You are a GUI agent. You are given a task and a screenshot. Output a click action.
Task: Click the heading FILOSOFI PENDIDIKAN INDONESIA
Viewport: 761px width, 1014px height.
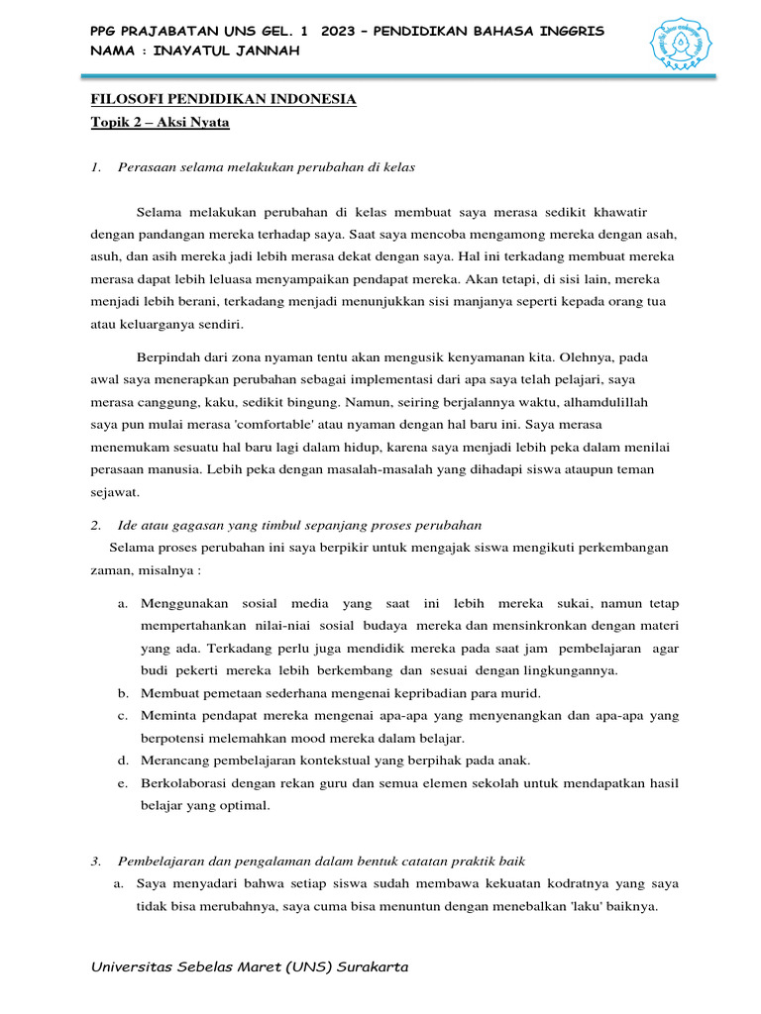pyautogui.click(x=223, y=100)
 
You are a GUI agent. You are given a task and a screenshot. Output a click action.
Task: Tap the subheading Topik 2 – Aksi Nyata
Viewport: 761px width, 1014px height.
pyautogui.click(x=160, y=122)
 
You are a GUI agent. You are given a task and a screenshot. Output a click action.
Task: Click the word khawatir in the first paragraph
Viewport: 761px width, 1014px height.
pyautogui.click(x=617, y=213)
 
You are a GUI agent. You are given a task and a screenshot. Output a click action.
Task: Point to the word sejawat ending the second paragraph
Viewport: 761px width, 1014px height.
pyautogui.click(x=115, y=491)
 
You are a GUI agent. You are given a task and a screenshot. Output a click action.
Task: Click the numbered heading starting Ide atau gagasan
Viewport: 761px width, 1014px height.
pyautogui.click(x=298, y=525)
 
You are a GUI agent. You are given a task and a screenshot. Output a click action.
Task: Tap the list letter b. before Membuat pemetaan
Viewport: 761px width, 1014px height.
pyautogui.click(x=123, y=692)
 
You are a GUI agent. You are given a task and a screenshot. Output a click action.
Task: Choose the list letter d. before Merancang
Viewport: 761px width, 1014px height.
pyautogui.click(x=123, y=760)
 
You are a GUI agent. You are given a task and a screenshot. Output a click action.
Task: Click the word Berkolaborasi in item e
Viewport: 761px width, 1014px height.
pyautogui.click(x=188, y=782)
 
